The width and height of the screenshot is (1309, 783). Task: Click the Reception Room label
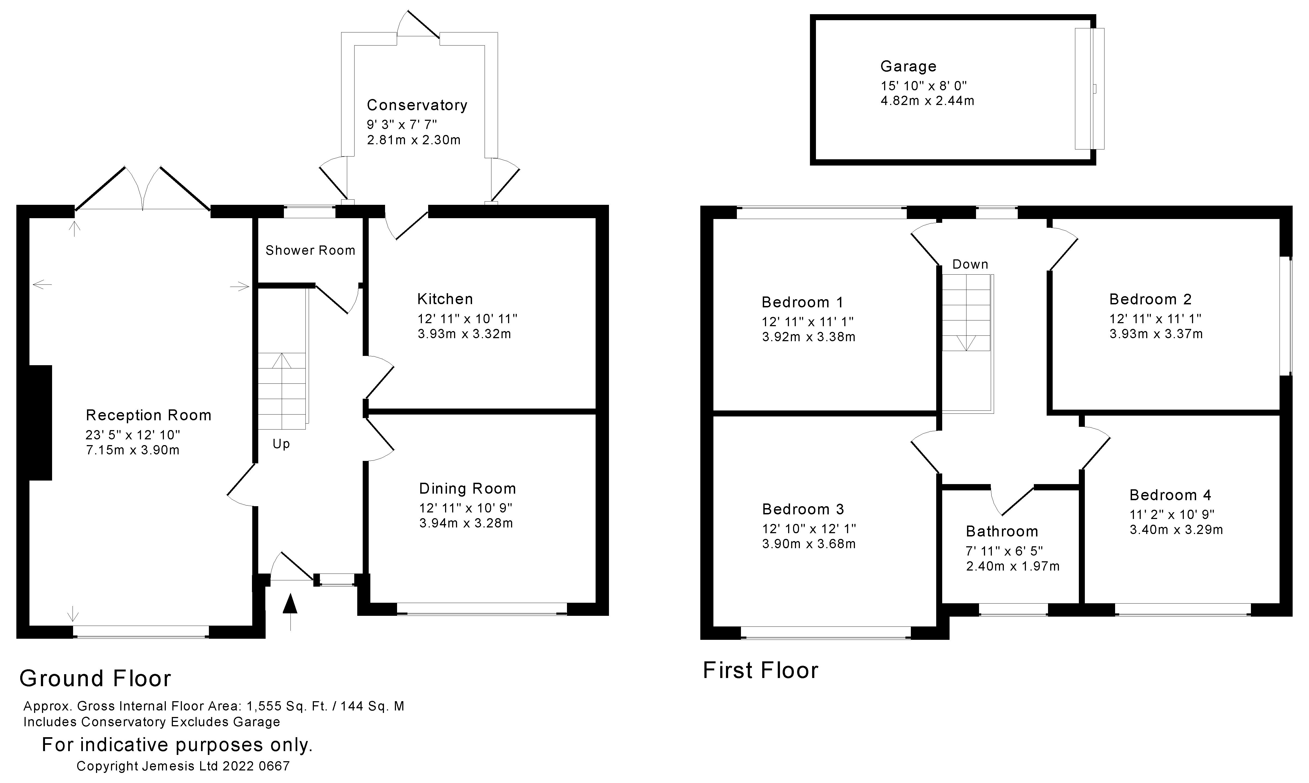coord(148,415)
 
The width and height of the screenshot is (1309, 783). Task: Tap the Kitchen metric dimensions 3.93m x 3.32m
coord(464,334)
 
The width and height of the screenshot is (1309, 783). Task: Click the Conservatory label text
coord(417,106)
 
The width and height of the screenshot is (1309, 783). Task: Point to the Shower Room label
coord(310,251)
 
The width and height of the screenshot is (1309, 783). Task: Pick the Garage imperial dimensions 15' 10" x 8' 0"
coord(923,85)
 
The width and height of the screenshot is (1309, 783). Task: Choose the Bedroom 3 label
coord(803,509)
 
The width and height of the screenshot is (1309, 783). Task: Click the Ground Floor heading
coord(95,679)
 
